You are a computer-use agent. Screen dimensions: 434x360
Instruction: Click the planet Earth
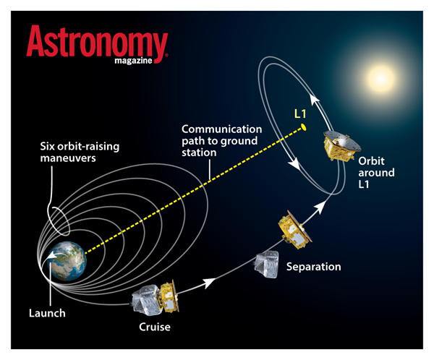tap(67, 261)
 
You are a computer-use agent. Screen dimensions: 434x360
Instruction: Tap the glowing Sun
tap(381, 78)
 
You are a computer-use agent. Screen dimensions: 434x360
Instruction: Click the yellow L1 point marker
tap(303, 127)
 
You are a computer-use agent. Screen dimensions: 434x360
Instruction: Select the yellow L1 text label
tap(300, 113)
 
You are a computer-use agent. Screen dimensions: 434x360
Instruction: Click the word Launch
tap(47, 313)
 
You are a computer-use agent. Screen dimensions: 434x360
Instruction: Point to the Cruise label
tap(155, 327)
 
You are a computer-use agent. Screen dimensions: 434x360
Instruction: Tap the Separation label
tap(314, 267)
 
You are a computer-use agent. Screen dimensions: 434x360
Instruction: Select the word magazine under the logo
tap(133, 61)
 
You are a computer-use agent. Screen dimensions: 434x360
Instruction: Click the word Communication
tap(222, 129)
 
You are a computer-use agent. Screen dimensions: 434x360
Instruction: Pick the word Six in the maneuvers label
tap(47, 146)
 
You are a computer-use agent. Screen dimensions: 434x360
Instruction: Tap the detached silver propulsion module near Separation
tap(266, 265)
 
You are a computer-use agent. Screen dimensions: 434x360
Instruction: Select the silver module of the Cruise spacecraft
tap(147, 300)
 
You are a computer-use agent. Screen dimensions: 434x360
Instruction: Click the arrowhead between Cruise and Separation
tap(210, 283)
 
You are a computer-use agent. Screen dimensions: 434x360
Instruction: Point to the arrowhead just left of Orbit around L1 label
tap(320, 207)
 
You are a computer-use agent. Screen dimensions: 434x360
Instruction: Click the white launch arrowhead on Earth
tap(51, 257)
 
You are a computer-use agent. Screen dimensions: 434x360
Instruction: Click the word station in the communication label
tap(199, 153)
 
